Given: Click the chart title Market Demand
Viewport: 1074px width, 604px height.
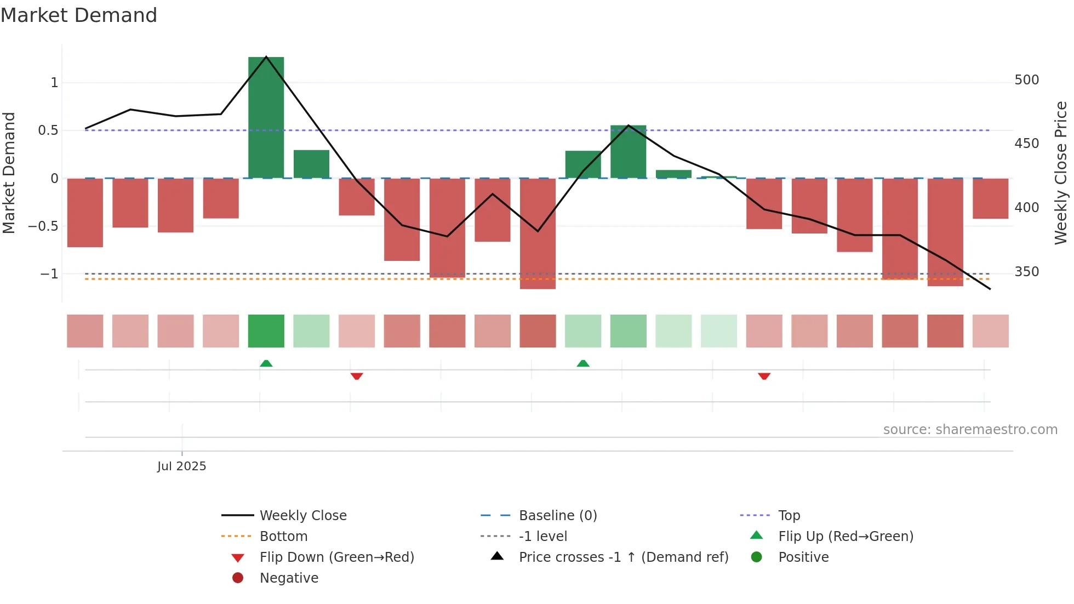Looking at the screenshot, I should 79,15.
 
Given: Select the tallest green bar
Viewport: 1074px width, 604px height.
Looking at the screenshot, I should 266,117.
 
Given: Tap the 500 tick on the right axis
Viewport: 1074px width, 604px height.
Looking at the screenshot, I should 1026,80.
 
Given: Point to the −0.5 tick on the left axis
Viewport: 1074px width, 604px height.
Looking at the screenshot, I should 43,226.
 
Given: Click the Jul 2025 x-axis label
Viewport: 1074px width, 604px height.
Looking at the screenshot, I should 181,466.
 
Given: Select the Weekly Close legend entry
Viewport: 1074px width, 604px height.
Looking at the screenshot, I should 302,515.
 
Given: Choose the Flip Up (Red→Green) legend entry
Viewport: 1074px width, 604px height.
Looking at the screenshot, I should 846,536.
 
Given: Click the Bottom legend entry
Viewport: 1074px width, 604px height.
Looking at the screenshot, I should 283,536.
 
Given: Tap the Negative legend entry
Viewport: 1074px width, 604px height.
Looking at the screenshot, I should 289,578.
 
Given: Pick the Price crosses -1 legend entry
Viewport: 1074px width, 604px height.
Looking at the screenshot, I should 623,557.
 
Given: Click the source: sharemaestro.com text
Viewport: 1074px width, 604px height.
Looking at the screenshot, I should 970,429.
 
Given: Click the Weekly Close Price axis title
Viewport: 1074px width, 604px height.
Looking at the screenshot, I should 1061,173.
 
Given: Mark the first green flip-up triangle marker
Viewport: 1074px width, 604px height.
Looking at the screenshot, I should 266,363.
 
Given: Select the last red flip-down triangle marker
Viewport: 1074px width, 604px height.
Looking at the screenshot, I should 764,376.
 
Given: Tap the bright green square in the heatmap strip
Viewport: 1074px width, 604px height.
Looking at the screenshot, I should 266,331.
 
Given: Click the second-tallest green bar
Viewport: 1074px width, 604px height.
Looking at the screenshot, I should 628,152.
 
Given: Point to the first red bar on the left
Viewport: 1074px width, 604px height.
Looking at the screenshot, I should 85,213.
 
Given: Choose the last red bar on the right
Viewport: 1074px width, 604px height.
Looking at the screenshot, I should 990,198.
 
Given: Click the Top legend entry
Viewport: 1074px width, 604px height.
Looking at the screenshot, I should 789,515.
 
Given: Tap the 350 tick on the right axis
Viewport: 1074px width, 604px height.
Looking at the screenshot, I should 1026,272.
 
